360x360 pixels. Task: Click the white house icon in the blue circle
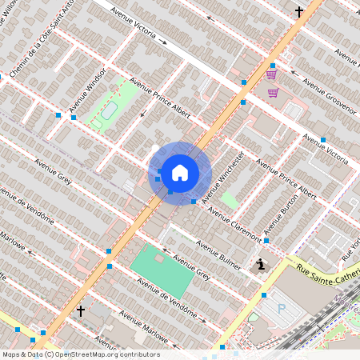[x=180, y=172]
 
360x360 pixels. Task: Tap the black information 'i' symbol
[x=260, y=265]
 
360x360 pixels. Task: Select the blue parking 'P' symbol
[x=281, y=307]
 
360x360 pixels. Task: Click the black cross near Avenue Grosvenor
[x=299, y=12]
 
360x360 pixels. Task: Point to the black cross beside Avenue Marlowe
[x=80, y=310]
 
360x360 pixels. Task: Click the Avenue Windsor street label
[x=87, y=94]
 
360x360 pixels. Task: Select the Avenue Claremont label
[x=234, y=223]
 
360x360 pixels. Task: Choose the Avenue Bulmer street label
[x=219, y=255]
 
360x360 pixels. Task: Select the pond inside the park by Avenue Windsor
[x=107, y=110]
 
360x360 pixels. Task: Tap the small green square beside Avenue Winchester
[x=229, y=200]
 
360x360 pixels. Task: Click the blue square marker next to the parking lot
[x=263, y=295]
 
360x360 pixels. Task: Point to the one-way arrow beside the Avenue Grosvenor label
[x=294, y=76]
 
